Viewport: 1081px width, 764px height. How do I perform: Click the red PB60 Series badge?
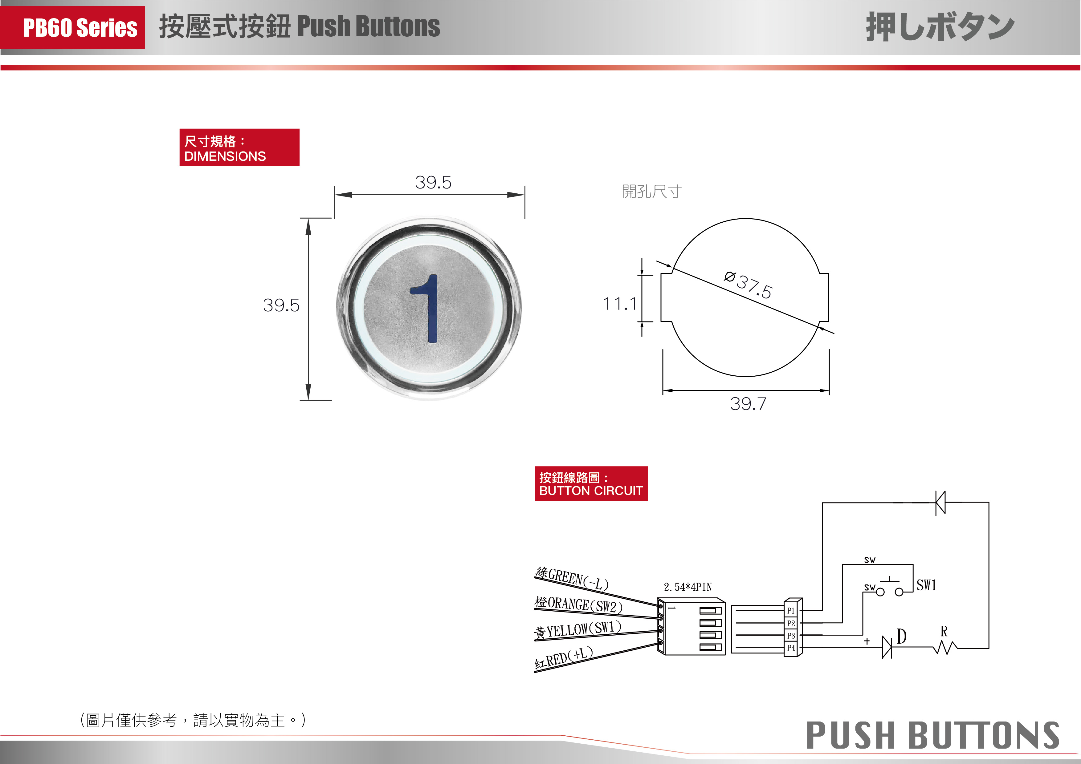point(72,27)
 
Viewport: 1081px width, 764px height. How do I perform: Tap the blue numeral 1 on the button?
point(426,309)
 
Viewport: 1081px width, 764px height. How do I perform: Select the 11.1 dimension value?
point(620,304)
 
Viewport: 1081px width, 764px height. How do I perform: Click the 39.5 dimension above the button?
point(433,183)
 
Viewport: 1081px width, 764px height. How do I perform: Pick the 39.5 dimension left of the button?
point(281,305)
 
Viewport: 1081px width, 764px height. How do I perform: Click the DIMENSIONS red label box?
point(239,147)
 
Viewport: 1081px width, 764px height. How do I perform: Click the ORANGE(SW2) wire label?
point(579,604)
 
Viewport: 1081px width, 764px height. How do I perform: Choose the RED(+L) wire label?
point(564,658)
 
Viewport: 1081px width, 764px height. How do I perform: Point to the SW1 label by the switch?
point(926,585)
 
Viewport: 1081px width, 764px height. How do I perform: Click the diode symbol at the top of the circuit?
point(940,503)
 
